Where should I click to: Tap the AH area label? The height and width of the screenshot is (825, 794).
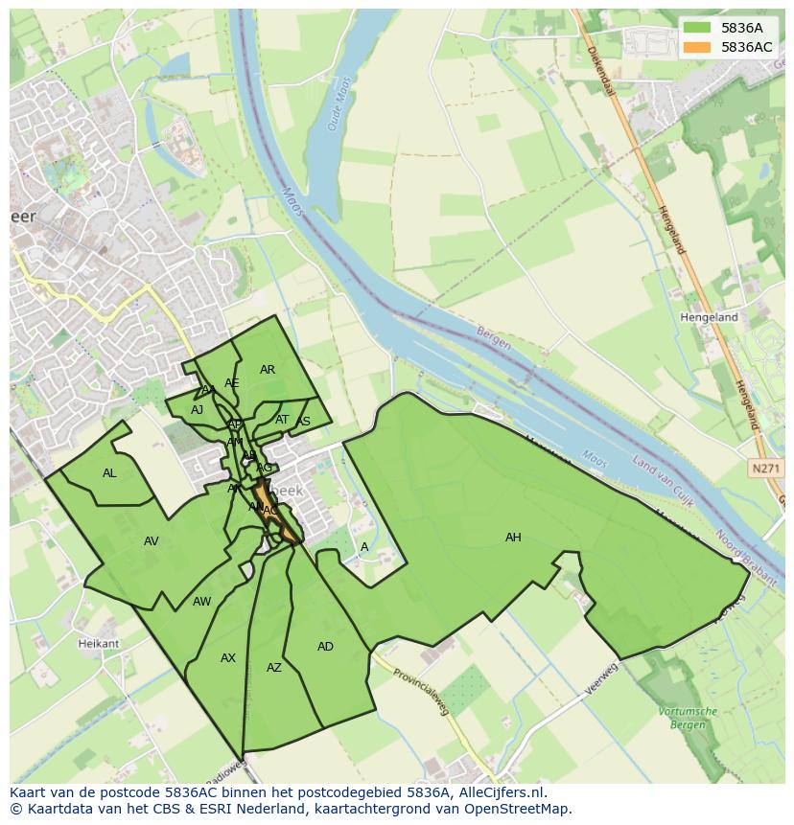point(513,538)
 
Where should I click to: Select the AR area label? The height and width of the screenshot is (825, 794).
point(268,370)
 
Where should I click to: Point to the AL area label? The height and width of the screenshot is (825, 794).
point(109,473)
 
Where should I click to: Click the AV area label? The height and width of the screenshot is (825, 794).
point(151,541)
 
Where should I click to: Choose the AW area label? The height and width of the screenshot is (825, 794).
point(201,602)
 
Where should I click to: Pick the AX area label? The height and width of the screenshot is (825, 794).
point(228,658)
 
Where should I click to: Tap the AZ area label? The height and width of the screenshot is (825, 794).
point(274,668)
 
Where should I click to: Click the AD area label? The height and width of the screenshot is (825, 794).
point(325,647)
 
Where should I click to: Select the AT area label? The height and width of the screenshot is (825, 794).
point(282,420)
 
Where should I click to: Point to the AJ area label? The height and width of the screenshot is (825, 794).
point(197,410)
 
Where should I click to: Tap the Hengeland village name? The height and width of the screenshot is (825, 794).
point(709,317)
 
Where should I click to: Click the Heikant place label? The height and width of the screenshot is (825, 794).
point(99,644)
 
